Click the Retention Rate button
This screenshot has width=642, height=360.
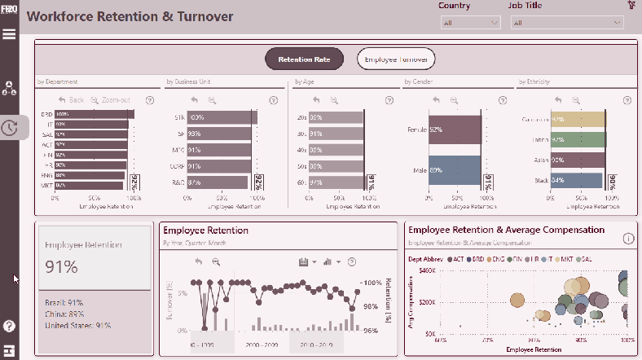[x=304, y=59]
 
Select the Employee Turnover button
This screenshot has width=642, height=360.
[x=397, y=59]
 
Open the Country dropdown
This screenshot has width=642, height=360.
[x=469, y=24]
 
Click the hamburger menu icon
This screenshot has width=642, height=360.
[x=9, y=33]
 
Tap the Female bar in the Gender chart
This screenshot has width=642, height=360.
[x=455, y=130]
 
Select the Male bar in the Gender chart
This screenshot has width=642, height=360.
[x=455, y=170]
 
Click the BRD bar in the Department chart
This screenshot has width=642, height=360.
[x=94, y=115]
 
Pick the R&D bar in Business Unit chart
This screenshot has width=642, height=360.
[x=218, y=182]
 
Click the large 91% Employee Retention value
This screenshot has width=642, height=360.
[x=61, y=266]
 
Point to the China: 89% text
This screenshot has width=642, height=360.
[x=64, y=314]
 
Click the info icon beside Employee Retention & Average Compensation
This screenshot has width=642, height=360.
[x=628, y=239]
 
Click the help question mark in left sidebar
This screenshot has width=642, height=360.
[x=9, y=326]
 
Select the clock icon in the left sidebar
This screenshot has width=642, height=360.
[x=9, y=128]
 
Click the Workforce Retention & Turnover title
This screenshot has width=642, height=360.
[x=130, y=16]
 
